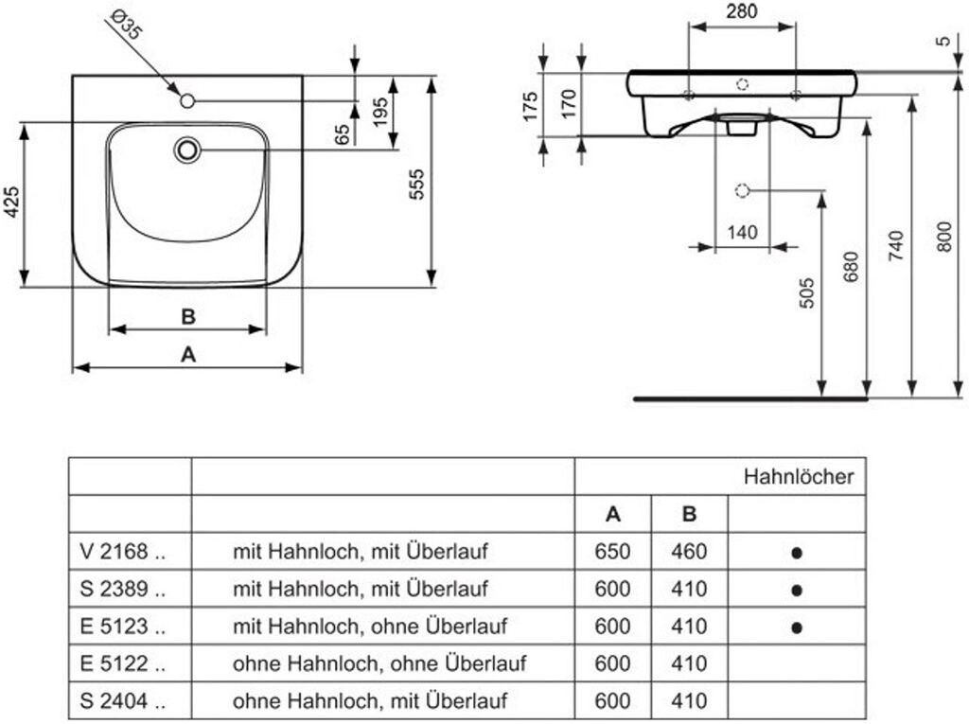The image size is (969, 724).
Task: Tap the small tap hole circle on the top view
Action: (186, 100)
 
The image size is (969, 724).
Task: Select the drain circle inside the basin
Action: (187, 150)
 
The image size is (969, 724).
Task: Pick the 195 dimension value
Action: (379, 112)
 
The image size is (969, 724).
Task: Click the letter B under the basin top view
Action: (187, 316)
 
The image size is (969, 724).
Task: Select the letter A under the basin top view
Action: (187, 354)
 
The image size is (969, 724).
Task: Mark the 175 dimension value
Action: (531, 105)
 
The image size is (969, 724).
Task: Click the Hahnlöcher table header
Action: (798, 476)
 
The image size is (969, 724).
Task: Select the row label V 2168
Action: (123, 551)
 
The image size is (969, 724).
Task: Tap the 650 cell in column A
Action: (613, 551)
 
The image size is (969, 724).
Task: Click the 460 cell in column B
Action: (689, 551)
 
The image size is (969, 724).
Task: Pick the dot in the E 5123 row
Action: (797, 627)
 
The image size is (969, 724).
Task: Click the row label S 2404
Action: (123, 701)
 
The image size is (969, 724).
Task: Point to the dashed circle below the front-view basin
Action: (742, 190)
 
